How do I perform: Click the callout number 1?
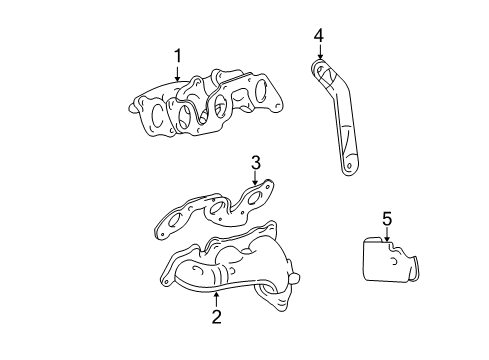pos(177,55)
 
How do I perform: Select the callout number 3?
pos(255,162)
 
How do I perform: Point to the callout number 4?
pos(319,37)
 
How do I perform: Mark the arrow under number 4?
pos(319,55)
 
